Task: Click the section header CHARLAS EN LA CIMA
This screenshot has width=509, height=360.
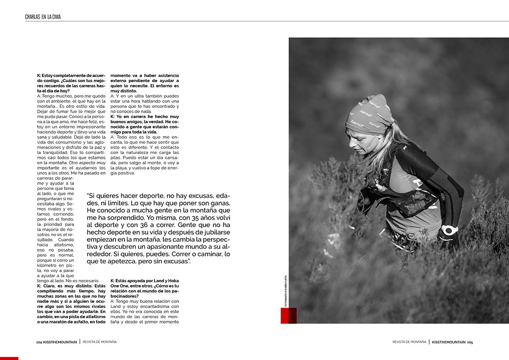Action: click(x=43, y=17)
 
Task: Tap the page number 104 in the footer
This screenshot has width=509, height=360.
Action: click(x=39, y=342)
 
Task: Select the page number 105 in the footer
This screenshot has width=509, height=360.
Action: click(x=470, y=342)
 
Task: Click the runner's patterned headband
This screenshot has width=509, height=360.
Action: click(x=369, y=115)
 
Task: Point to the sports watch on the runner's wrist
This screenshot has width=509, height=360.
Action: click(x=449, y=230)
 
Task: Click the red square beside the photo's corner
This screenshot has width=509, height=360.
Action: click(x=288, y=315)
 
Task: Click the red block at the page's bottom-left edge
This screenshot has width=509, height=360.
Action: click(x=9, y=358)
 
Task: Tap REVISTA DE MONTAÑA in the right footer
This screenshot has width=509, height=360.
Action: click(x=409, y=342)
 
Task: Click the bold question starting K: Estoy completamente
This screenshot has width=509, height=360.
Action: click(x=70, y=83)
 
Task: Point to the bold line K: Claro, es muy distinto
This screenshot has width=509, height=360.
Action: click(x=70, y=286)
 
